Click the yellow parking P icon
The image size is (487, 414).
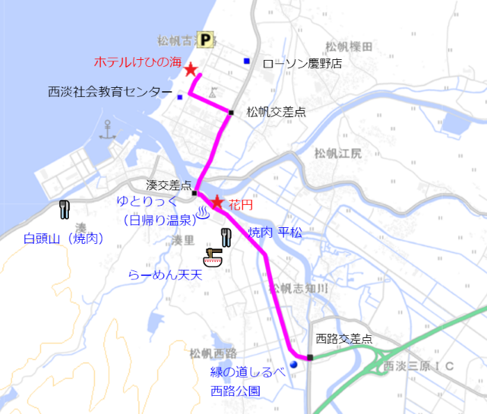pos(205,40)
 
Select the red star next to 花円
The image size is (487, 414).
pos(217,202)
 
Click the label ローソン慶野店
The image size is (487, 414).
pos(302,63)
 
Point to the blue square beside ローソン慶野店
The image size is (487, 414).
pos(246,61)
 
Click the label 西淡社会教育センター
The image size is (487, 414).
pos(109,91)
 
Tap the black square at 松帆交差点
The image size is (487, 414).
pos(230,112)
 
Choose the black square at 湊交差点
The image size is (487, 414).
pos(195,193)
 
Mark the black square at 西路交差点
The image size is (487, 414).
pos(310,358)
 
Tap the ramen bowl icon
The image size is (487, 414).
pos(212,256)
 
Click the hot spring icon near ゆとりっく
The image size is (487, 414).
pos(203,211)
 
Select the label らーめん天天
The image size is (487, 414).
pos(165,275)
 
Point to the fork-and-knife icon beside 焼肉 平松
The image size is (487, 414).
pos(225,236)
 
